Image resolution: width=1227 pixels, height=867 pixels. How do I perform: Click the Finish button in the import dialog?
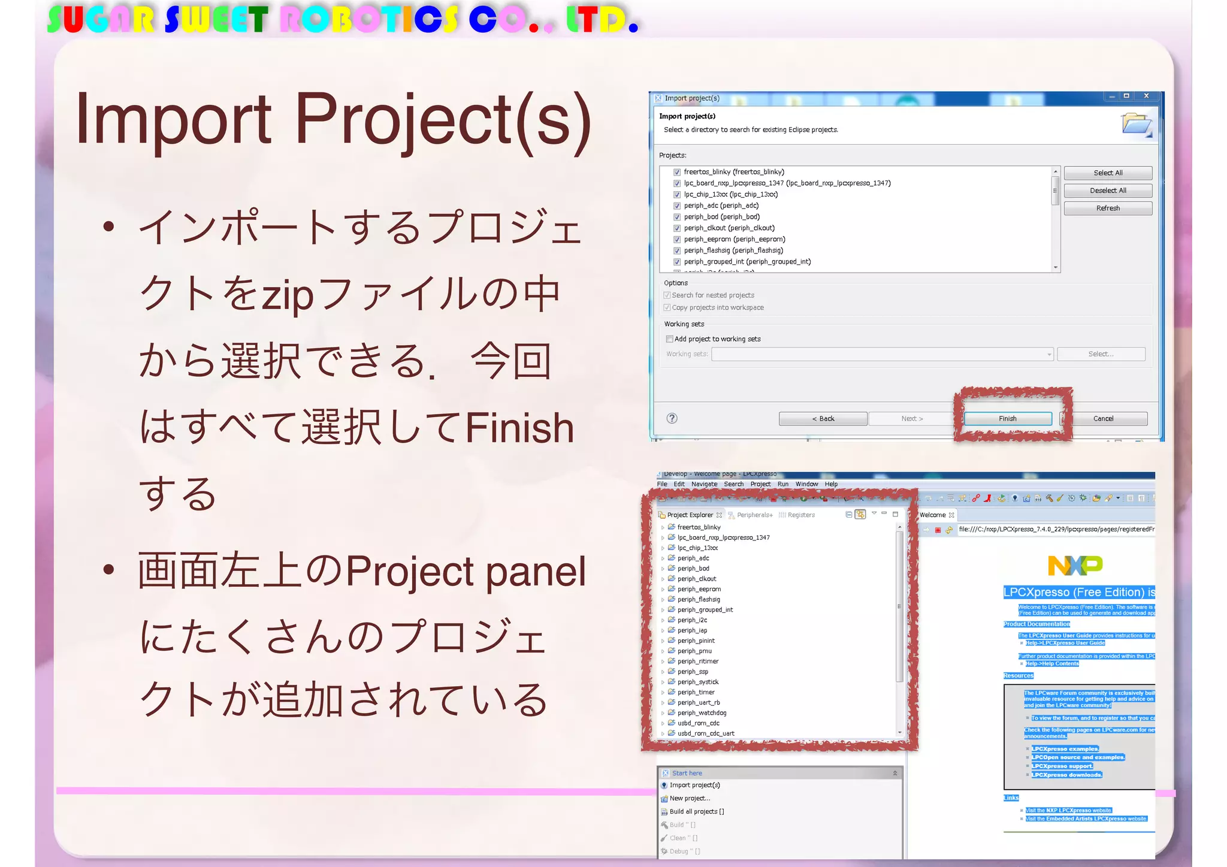point(1007,419)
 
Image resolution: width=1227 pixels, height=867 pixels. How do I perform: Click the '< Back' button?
point(823,419)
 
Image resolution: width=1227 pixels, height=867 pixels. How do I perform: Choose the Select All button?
point(1108,173)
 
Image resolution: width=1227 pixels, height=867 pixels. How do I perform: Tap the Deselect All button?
point(1108,191)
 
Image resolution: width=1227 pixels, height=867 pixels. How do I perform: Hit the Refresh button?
point(1108,209)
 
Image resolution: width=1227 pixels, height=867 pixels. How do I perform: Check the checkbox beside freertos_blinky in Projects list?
point(677,172)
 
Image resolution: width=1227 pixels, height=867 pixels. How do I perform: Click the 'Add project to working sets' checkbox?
point(669,339)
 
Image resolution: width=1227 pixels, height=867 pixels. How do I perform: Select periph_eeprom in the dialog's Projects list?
point(734,239)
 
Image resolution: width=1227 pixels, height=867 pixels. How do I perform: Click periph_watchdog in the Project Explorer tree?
point(702,713)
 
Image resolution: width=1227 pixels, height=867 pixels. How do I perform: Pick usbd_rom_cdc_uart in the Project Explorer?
point(706,733)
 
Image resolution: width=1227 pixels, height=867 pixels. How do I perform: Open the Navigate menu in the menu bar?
point(704,484)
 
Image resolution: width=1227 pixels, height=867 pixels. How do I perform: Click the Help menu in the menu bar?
point(831,484)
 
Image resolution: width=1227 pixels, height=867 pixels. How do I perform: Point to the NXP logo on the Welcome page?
point(1075,565)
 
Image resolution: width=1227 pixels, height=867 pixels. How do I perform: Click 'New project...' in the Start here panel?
point(690,798)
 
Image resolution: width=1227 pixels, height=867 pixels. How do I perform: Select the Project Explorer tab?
point(690,515)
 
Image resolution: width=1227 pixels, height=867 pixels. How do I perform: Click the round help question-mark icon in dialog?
point(672,418)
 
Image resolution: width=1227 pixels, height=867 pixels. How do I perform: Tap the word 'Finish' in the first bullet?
point(519,428)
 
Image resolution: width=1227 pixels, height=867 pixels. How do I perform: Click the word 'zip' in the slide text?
point(287,295)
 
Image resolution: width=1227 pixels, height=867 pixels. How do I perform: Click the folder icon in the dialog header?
point(1136,125)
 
